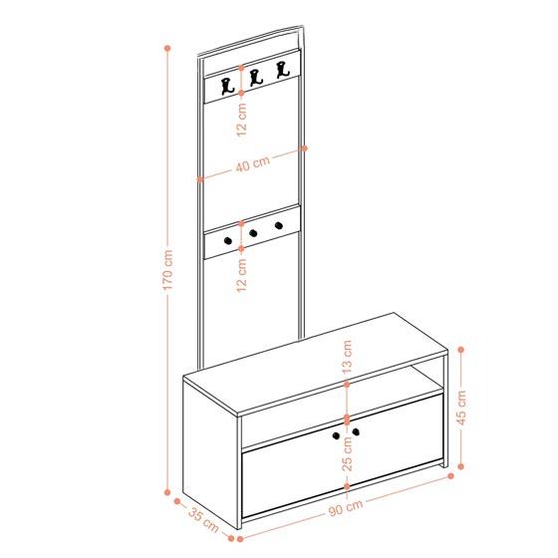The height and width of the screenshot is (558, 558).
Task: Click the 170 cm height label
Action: point(168,270)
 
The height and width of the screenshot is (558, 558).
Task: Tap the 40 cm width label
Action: point(253,164)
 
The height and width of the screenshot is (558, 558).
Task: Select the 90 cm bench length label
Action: point(346,507)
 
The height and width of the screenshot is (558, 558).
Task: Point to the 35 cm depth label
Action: point(203,520)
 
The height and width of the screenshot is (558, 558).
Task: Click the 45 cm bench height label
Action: point(461,408)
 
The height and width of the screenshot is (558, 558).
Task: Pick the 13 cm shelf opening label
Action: point(347,357)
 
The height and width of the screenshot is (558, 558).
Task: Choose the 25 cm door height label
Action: point(347,453)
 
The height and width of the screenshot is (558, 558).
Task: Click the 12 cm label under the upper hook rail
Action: point(241,120)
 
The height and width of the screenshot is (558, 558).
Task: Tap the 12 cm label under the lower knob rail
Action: point(241,275)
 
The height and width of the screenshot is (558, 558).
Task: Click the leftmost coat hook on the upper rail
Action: point(227,87)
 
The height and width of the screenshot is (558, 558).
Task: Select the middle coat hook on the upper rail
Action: point(255,78)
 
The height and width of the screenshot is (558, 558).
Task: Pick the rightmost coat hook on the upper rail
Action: point(283,70)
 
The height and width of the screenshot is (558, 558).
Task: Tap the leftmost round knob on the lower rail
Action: point(228,241)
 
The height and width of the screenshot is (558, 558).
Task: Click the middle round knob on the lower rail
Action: point(253,233)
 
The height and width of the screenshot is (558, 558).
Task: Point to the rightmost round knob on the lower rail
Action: point(279,225)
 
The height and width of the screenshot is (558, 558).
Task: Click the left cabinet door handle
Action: point(336,435)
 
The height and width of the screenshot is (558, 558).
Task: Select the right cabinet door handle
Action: point(356,432)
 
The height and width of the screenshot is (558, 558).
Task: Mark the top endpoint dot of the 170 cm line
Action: point(167,48)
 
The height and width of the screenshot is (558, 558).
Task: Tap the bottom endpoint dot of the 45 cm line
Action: point(460,466)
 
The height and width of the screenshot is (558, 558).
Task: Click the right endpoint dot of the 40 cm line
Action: point(304,148)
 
